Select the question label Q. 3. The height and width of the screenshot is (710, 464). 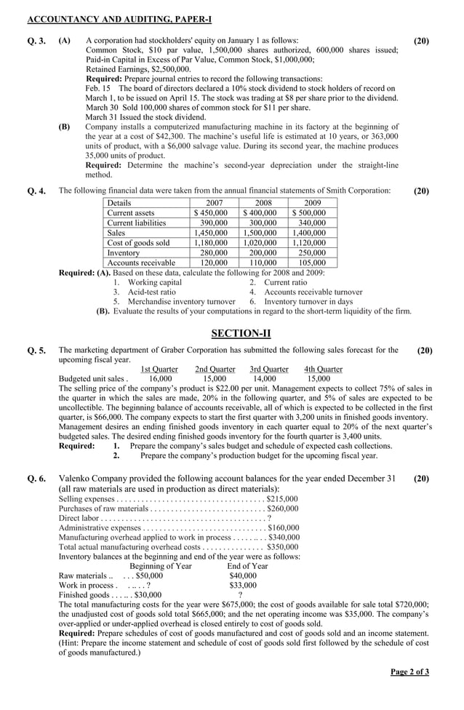coord(37,41)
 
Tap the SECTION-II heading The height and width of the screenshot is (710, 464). coord(241,333)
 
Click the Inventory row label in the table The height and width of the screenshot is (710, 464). coord(123,252)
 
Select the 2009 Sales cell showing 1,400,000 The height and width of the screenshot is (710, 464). coord(308,233)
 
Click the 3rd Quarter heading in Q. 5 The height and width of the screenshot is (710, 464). coord(269,369)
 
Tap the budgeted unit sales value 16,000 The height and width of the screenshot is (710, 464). coord(160,378)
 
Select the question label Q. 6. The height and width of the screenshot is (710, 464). coord(37,479)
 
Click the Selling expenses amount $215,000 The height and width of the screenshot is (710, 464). coord(283,499)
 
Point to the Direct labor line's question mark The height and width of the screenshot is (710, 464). coord(269,518)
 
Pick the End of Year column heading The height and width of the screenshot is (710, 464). coord(247,566)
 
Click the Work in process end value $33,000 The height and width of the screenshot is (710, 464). coord(243,585)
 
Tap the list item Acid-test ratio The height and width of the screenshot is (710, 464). coord(151,292)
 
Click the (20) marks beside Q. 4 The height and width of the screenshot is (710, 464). coord(421,191)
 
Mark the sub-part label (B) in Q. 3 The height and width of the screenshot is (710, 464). coord(64,126)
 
